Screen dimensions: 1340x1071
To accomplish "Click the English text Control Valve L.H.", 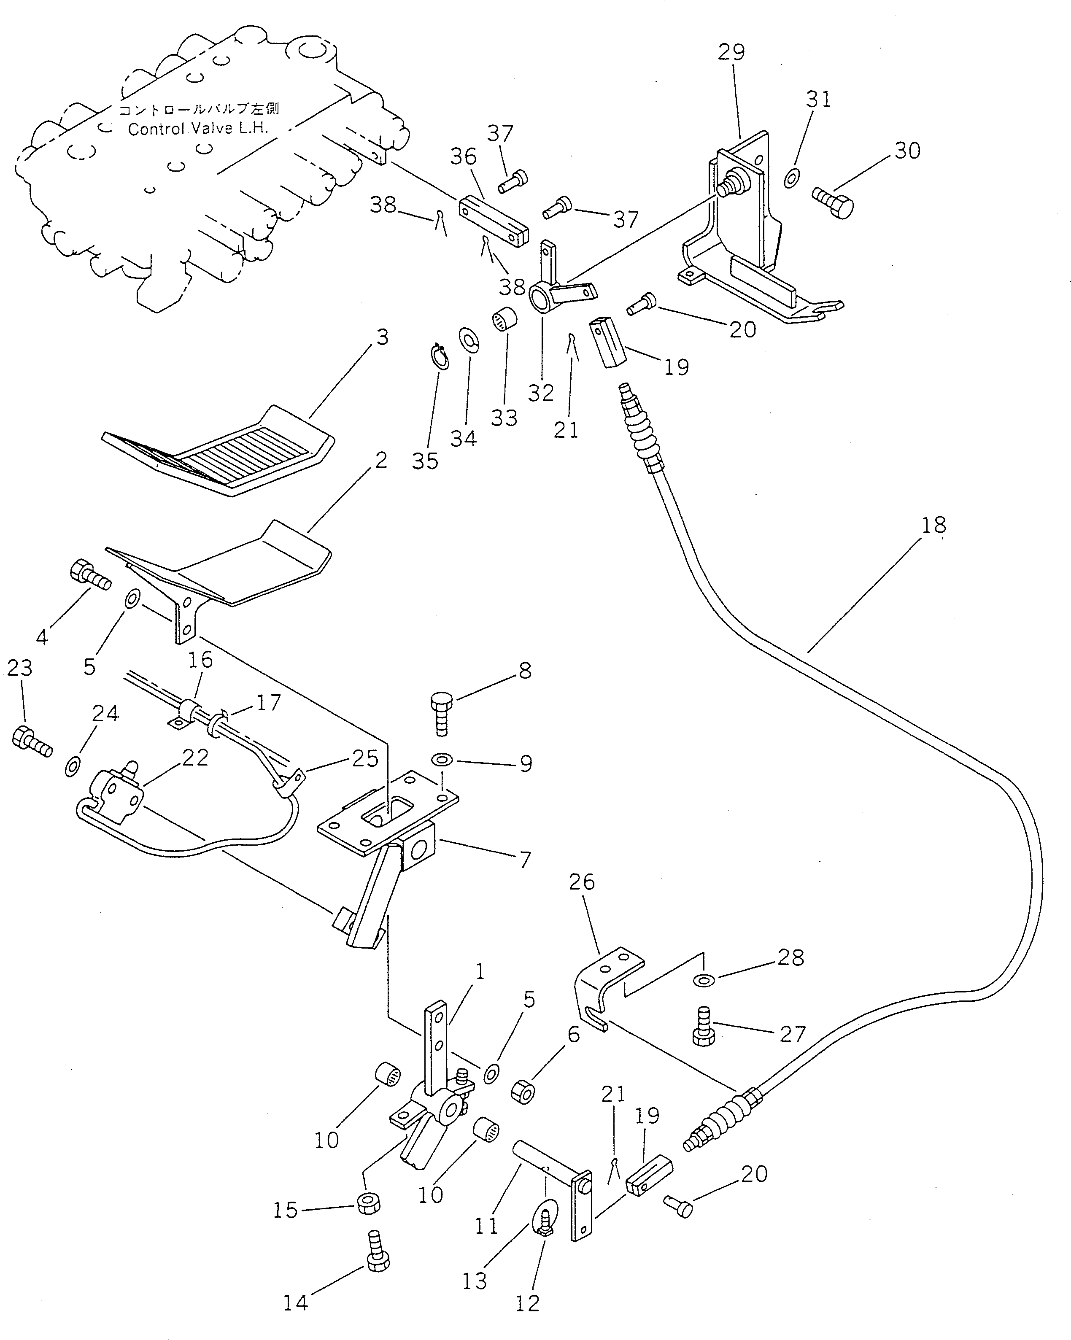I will [198, 129].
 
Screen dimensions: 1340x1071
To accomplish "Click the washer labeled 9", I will [442, 760].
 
